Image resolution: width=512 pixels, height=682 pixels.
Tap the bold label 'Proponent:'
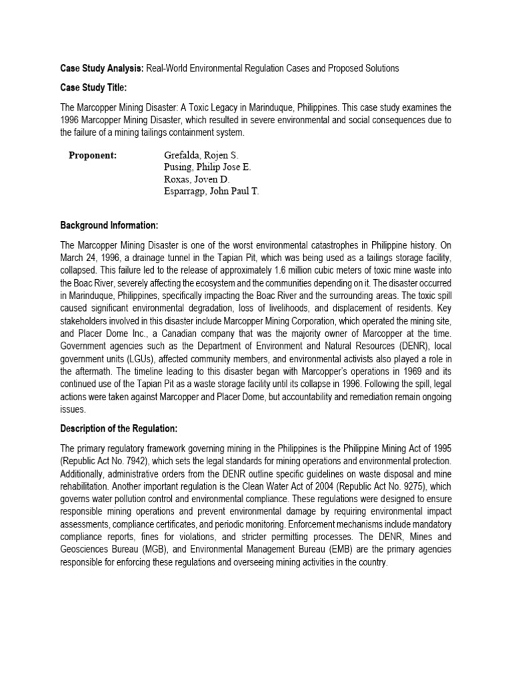93,155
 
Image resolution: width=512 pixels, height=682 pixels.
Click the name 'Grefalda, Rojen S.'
200,155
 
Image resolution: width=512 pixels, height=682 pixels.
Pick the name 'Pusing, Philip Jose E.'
207,167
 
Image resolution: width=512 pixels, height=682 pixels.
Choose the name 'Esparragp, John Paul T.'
211,191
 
